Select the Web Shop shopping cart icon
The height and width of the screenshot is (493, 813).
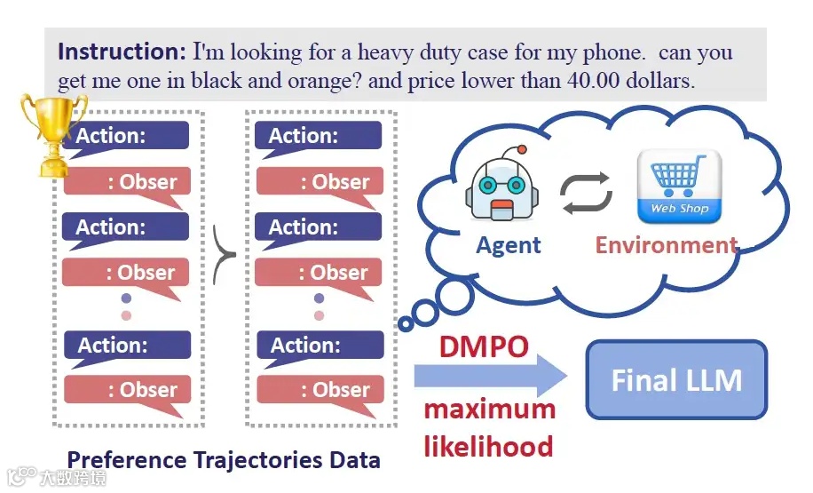(x=679, y=187)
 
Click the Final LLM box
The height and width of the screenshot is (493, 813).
(x=676, y=380)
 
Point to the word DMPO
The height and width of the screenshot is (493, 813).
(x=484, y=346)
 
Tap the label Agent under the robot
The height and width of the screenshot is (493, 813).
(x=509, y=245)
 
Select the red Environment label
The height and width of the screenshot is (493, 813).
(x=666, y=245)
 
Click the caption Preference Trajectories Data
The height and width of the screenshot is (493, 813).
(x=224, y=459)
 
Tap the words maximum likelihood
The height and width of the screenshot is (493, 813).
(x=488, y=427)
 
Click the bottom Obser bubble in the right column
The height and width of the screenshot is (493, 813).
(x=320, y=390)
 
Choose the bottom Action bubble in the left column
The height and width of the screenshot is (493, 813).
(x=126, y=346)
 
